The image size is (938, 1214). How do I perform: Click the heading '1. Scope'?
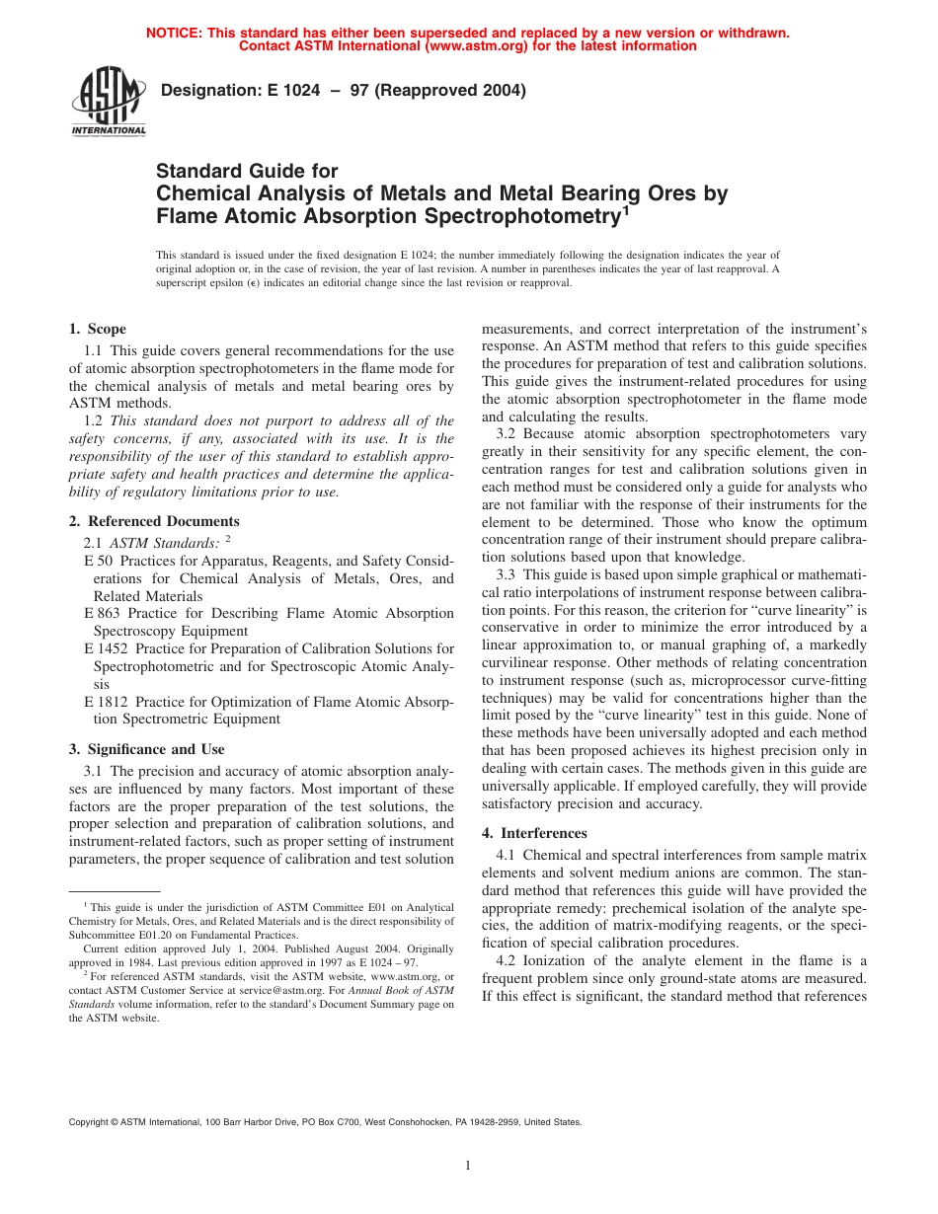[98, 329]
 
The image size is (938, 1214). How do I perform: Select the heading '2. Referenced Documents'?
[154, 521]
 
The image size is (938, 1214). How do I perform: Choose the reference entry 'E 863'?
[102, 613]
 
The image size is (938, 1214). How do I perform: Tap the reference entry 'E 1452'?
[106, 648]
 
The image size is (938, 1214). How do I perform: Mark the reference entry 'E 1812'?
[106, 702]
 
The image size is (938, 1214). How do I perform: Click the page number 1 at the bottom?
[469, 1166]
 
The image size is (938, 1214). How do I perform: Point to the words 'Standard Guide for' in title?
[247, 172]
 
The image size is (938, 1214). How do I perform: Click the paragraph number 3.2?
[507, 433]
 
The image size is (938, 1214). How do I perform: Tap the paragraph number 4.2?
[507, 960]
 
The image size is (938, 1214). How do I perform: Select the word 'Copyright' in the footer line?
[91, 1122]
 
